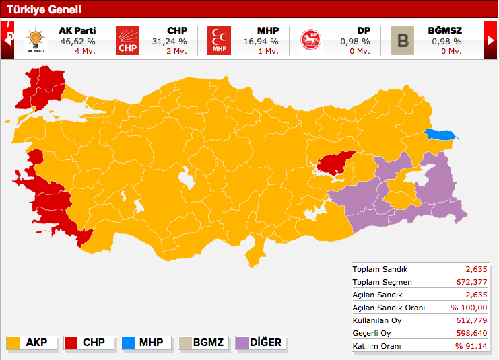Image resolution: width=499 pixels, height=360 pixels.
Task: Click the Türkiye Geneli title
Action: [x=44, y=9]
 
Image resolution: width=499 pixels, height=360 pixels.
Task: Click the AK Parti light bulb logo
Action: [x=36, y=40]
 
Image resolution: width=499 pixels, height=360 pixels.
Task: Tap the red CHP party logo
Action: [x=127, y=40]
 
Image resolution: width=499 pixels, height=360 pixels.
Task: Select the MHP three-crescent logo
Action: [x=218, y=40]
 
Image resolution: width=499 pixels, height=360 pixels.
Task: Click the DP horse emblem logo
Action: [x=310, y=40]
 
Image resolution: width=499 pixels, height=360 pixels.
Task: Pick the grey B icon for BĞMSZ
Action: [x=403, y=40]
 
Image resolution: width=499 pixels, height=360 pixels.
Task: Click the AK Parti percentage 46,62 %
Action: [x=77, y=41]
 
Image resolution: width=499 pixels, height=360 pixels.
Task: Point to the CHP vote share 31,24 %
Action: [x=169, y=41]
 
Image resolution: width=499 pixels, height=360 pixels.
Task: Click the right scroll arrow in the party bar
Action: [x=490, y=40]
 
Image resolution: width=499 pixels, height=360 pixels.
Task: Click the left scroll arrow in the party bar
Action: [x=9, y=40]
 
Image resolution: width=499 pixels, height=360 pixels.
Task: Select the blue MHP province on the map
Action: [x=441, y=135]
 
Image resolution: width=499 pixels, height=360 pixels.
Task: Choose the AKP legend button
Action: [x=31, y=343]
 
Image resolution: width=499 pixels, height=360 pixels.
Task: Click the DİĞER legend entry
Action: [x=259, y=343]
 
